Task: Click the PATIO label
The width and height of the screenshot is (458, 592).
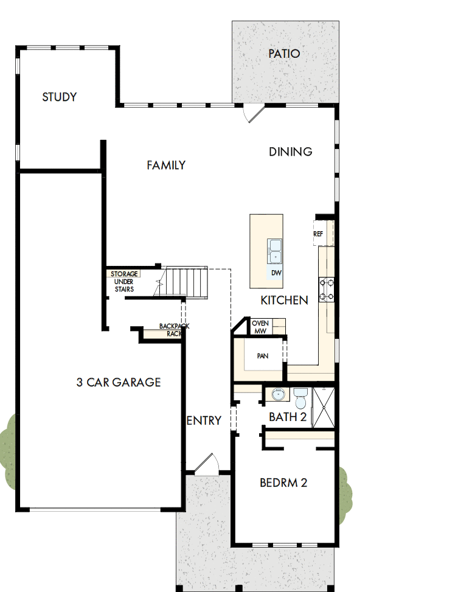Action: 284,54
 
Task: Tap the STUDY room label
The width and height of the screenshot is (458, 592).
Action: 59,97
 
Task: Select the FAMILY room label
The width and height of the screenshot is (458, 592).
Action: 166,165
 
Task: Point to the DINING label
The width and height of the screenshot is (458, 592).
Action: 291,151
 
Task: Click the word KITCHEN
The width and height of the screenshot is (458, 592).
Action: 284,300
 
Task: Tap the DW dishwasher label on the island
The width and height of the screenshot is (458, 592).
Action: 276,273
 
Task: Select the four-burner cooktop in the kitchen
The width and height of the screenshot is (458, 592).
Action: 327,290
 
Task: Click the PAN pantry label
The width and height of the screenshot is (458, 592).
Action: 263,356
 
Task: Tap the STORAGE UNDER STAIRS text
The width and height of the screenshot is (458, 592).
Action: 124,282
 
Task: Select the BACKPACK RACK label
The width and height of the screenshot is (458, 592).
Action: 171,330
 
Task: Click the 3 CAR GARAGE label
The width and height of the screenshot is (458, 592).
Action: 119,382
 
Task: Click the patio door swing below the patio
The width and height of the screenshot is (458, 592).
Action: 253,113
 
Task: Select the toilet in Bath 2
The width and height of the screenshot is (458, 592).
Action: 300,399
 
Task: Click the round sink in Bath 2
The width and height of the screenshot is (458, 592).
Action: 279,395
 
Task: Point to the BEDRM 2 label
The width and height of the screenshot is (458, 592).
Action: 283,482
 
